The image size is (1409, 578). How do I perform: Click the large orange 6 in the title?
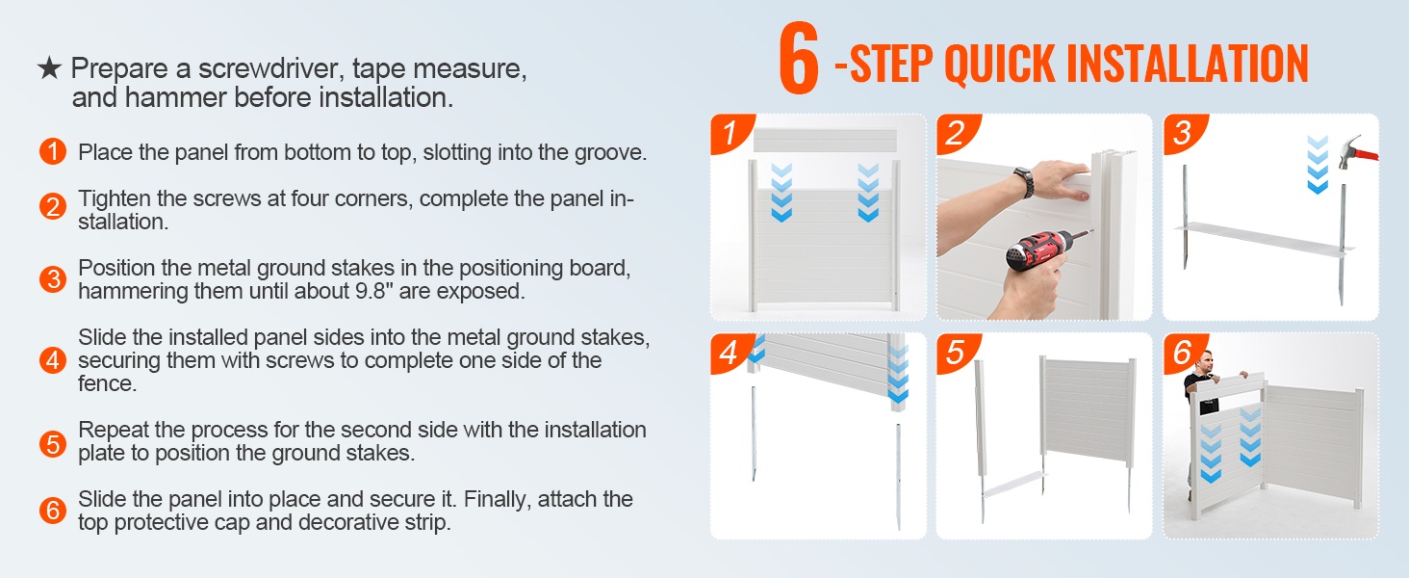(798, 58)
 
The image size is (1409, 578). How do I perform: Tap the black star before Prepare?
(49, 68)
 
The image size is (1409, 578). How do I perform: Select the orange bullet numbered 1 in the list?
(53, 152)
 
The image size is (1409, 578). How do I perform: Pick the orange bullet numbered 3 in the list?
(53, 279)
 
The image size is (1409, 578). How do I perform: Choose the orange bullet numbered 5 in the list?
(53, 444)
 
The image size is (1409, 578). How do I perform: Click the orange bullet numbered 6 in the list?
(53, 510)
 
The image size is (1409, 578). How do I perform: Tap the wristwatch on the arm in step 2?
(1023, 181)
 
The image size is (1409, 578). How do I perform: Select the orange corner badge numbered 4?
(730, 352)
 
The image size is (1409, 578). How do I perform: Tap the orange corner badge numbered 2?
(956, 133)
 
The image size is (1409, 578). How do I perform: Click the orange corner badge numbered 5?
(956, 352)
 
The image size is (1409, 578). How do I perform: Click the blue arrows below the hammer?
(1318, 164)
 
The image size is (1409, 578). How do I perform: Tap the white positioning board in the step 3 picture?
(1264, 239)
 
